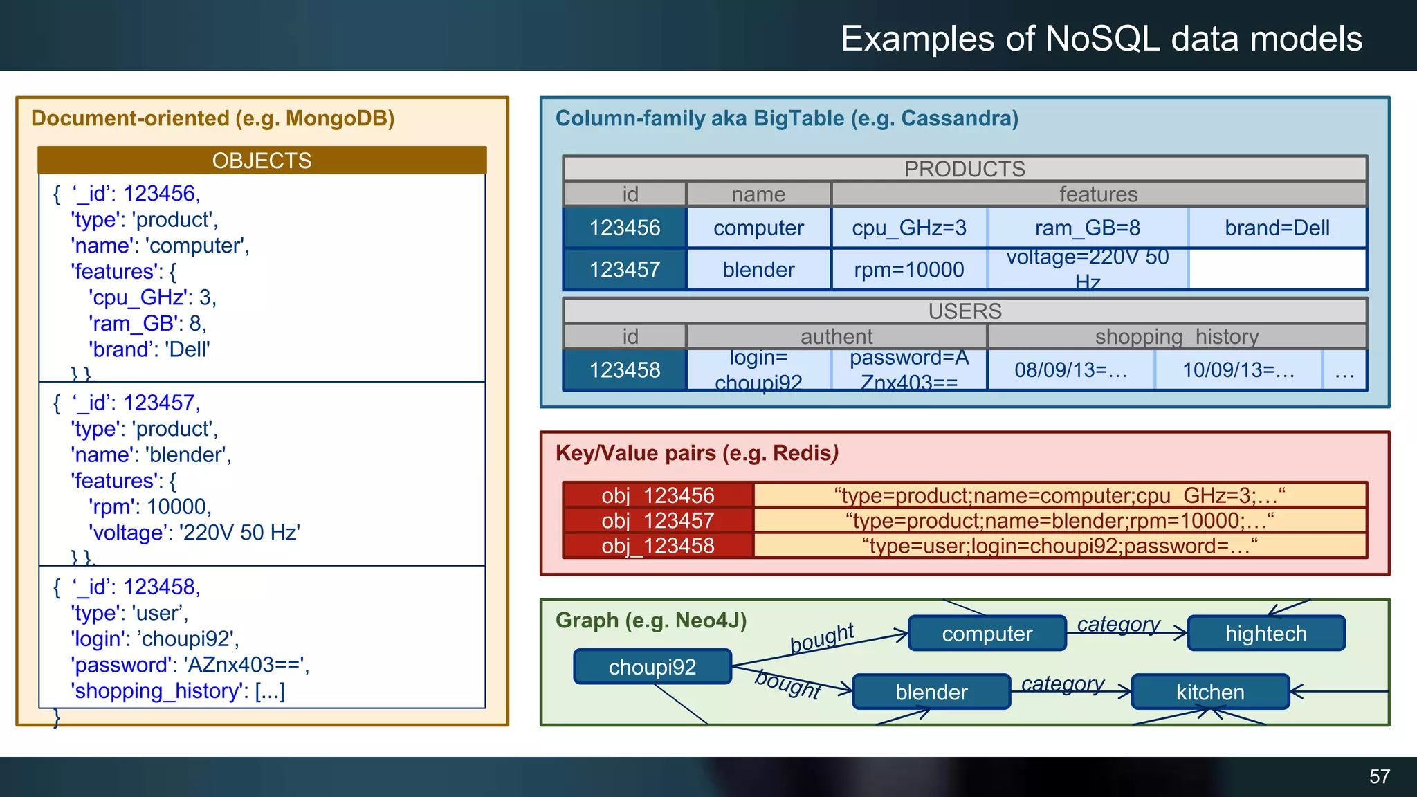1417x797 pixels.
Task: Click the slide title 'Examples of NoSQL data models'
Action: click(1101, 39)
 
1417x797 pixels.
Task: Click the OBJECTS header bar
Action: click(262, 161)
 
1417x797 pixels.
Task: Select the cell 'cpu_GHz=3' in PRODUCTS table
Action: click(908, 228)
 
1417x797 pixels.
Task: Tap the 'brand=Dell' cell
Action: click(1277, 228)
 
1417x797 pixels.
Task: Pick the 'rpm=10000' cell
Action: click(908, 269)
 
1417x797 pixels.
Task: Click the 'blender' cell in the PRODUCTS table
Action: click(758, 269)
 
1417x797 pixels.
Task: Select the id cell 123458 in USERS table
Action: click(625, 370)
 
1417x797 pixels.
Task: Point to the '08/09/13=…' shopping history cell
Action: click(1070, 370)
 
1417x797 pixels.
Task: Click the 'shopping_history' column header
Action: click(1176, 337)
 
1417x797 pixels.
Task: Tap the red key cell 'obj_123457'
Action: click(657, 520)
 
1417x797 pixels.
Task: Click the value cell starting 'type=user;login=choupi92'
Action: click(1059, 546)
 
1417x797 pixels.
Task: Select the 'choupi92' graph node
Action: click(652, 667)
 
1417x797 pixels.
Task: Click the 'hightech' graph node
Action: click(1265, 634)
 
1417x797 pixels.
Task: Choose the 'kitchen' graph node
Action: click(1210, 692)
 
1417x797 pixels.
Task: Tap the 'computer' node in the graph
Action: click(987, 634)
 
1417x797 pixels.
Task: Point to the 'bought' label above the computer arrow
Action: click(822, 637)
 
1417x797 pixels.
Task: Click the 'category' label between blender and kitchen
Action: click(1063, 684)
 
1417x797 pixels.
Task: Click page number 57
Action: click(1379, 776)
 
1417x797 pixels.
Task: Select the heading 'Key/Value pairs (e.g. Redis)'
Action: click(697, 453)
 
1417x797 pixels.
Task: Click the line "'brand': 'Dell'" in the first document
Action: click(149, 349)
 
